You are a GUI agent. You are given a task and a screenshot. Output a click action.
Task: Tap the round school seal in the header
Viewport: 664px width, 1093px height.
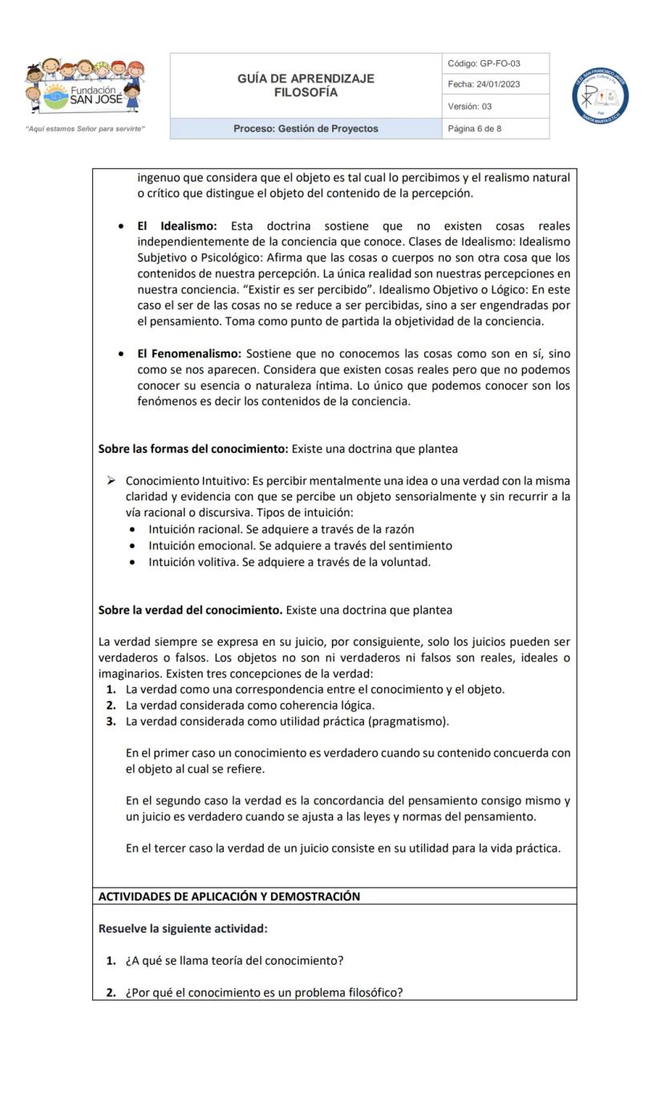click(x=600, y=96)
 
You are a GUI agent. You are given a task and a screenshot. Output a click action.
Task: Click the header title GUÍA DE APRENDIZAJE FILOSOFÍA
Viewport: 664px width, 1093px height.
click(x=306, y=86)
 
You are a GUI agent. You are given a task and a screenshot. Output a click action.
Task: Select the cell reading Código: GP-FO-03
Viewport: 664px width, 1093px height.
click(x=489, y=63)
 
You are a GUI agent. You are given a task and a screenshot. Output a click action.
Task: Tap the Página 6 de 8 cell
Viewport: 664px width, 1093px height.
click(x=476, y=128)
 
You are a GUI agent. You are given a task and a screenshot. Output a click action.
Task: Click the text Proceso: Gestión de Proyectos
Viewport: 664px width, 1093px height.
click(x=306, y=128)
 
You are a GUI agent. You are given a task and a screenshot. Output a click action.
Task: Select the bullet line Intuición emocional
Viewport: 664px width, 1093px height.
click(x=300, y=545)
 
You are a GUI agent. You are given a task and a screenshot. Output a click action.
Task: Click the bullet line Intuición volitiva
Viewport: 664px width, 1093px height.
click(x=289, y=561)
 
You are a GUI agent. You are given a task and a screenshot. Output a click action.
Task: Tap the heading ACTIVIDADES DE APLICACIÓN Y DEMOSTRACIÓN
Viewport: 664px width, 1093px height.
click(x=229, y=897)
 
